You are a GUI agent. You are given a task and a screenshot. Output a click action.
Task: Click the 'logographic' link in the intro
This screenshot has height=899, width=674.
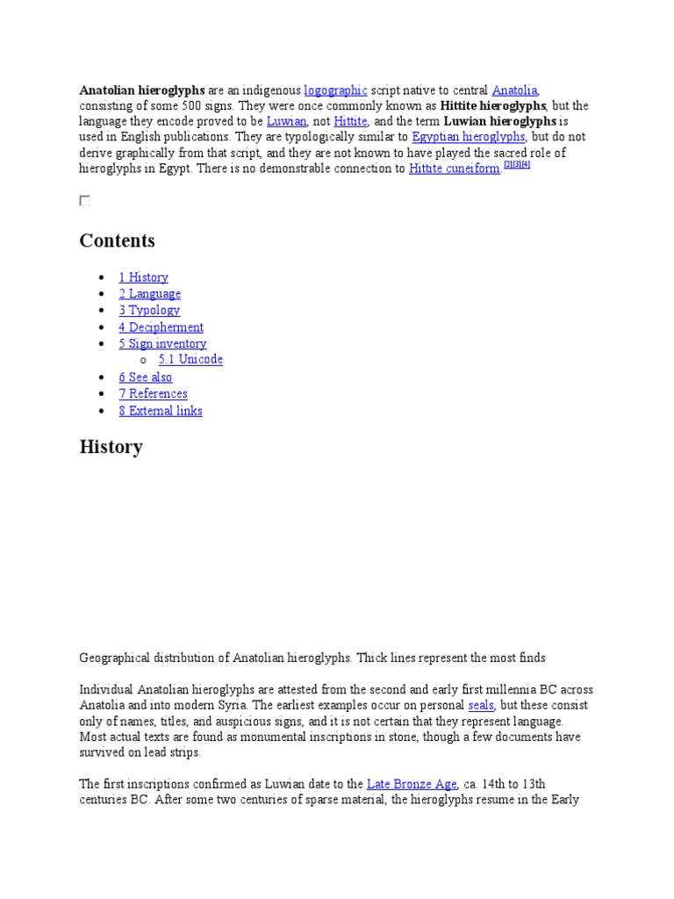click(x=335, y=90)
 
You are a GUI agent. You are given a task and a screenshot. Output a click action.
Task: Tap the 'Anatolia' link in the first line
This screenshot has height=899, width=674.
click(x=515, y=90)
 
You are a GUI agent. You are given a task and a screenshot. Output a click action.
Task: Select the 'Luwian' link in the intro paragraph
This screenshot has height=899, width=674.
click(x=286, y=122)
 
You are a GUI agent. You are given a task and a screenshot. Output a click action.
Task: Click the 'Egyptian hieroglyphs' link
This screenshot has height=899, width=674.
click(x=469, y=138)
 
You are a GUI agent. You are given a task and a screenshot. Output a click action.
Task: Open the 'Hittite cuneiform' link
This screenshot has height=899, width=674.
click(x=455, y=169)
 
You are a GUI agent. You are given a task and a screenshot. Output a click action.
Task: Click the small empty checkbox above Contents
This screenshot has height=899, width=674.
click(x=84, y=201)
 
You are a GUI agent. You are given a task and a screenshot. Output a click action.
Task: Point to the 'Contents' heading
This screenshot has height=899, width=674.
click(x=117, y=241)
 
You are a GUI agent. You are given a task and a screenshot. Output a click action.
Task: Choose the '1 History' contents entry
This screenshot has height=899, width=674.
click(x=143, y=277)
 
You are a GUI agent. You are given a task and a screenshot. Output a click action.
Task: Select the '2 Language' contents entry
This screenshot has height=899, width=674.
click(x=150, y=294)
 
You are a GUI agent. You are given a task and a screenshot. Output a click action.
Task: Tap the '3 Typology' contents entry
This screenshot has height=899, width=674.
click(x=149, y=310)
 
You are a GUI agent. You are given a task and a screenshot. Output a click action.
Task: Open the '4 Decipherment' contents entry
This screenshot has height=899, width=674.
click(x=161, y=327)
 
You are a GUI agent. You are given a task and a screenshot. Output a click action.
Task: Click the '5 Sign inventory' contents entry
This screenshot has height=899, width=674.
click(x=162, y=344)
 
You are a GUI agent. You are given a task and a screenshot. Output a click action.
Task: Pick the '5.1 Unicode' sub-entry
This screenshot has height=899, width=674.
click(x=190, y=360)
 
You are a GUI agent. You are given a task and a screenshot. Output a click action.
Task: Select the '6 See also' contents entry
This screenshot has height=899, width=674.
click(x=146, y=378)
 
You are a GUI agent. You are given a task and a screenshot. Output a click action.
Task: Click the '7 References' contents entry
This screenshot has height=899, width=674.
click(x=154, y=394)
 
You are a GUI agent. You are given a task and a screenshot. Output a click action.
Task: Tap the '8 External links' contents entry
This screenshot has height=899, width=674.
click(x=161, y=411)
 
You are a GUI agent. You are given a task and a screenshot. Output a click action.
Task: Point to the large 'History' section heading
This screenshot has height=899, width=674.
click(x=111, y=447)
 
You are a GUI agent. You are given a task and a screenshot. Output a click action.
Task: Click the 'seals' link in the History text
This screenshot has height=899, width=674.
click(x=481, y=706)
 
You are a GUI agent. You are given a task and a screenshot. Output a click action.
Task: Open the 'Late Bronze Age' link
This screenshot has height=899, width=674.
click(x=412, y=784)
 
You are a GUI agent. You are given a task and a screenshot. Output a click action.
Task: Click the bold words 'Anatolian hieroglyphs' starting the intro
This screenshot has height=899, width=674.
click(x=142, y=90)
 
